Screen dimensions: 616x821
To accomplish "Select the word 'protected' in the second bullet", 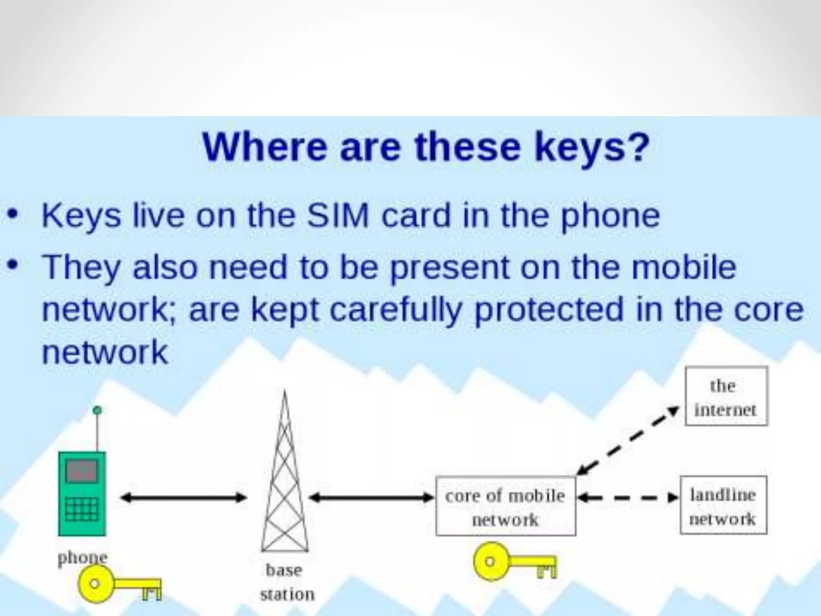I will [549, 310].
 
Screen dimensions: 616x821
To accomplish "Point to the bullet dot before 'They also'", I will [14, 265].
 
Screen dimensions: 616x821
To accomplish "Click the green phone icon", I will [82, 493].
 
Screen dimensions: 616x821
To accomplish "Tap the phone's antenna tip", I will [97, 410].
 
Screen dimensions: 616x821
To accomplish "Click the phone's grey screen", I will [82, 471].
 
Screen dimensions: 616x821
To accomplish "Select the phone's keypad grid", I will [82, 510].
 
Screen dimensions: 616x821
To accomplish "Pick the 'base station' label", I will [286, 582].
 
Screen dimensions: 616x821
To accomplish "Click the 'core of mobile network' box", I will [506, 506].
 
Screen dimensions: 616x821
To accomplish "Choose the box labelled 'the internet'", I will [726, 396].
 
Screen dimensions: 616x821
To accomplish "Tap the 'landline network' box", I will [723, 505].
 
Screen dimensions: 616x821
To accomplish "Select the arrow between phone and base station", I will [184, 498].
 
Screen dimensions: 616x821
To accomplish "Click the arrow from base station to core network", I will [372, 498].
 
